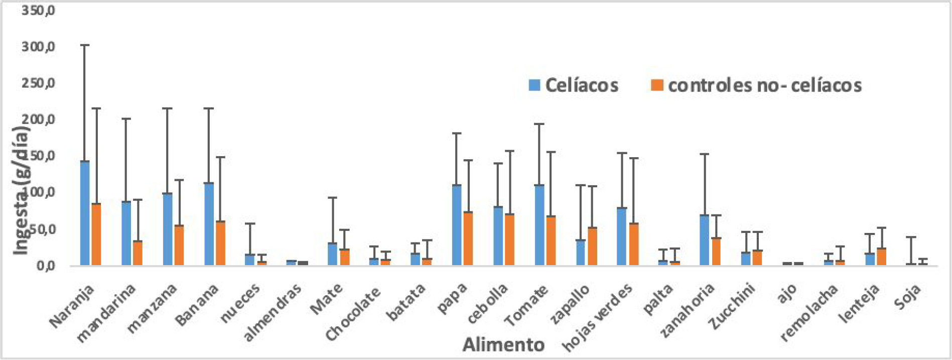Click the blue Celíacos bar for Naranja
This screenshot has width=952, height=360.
click(x=85, y=213)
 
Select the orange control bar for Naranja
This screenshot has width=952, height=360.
click(x=96, y=234)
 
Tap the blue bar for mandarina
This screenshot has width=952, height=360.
click(x=126, y=233)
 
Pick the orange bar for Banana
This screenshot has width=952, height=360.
click(x=220, y=243)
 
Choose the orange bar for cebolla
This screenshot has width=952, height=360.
click(x=509, y=239)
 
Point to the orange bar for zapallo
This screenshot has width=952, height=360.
click(x=592, y=246)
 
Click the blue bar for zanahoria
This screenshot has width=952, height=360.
click(x=705, y=240)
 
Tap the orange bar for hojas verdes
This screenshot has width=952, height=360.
click(x=634, y=244)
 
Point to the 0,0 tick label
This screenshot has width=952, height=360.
click(x=46, y=266)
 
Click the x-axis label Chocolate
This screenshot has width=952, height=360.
click(x=353, y=314)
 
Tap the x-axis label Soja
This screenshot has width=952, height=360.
click(x=907, y=297)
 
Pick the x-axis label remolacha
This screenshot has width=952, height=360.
click(x=809, y=312)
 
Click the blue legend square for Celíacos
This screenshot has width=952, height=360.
click(x=534, y=85)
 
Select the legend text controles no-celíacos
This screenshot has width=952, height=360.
click(x=764, y=85)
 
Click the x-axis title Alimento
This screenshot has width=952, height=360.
click(x=503, y=345)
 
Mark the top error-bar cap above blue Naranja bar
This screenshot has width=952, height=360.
click(x=85, y=45)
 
